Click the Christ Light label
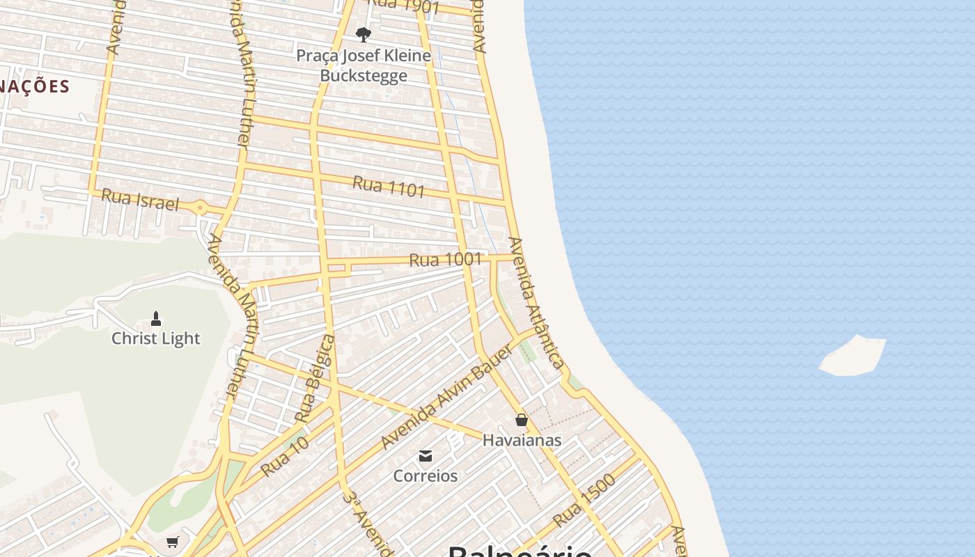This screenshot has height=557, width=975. point(156,338)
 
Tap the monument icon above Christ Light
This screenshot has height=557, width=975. point(156,319)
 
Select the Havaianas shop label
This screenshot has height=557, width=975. point(522,440)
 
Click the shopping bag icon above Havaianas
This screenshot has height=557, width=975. point(522,420)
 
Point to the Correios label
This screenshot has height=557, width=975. point(426,476)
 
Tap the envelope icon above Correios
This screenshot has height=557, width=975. point(426,456)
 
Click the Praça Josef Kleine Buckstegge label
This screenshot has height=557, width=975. point(364,65)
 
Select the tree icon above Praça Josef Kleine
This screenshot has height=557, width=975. point(363,34)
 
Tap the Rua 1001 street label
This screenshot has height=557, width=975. point(446,260)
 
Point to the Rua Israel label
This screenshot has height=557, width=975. point(140,200)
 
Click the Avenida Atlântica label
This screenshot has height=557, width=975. point(536,302)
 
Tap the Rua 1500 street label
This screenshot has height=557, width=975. point(585,500)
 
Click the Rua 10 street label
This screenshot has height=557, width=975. point(284,457)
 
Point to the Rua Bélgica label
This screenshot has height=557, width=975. point(315,379)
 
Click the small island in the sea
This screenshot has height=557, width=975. point(853,356)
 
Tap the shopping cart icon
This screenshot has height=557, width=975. point(172,542)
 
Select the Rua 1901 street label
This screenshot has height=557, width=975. point(404,6)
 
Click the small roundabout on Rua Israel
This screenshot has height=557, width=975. point(201,207)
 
